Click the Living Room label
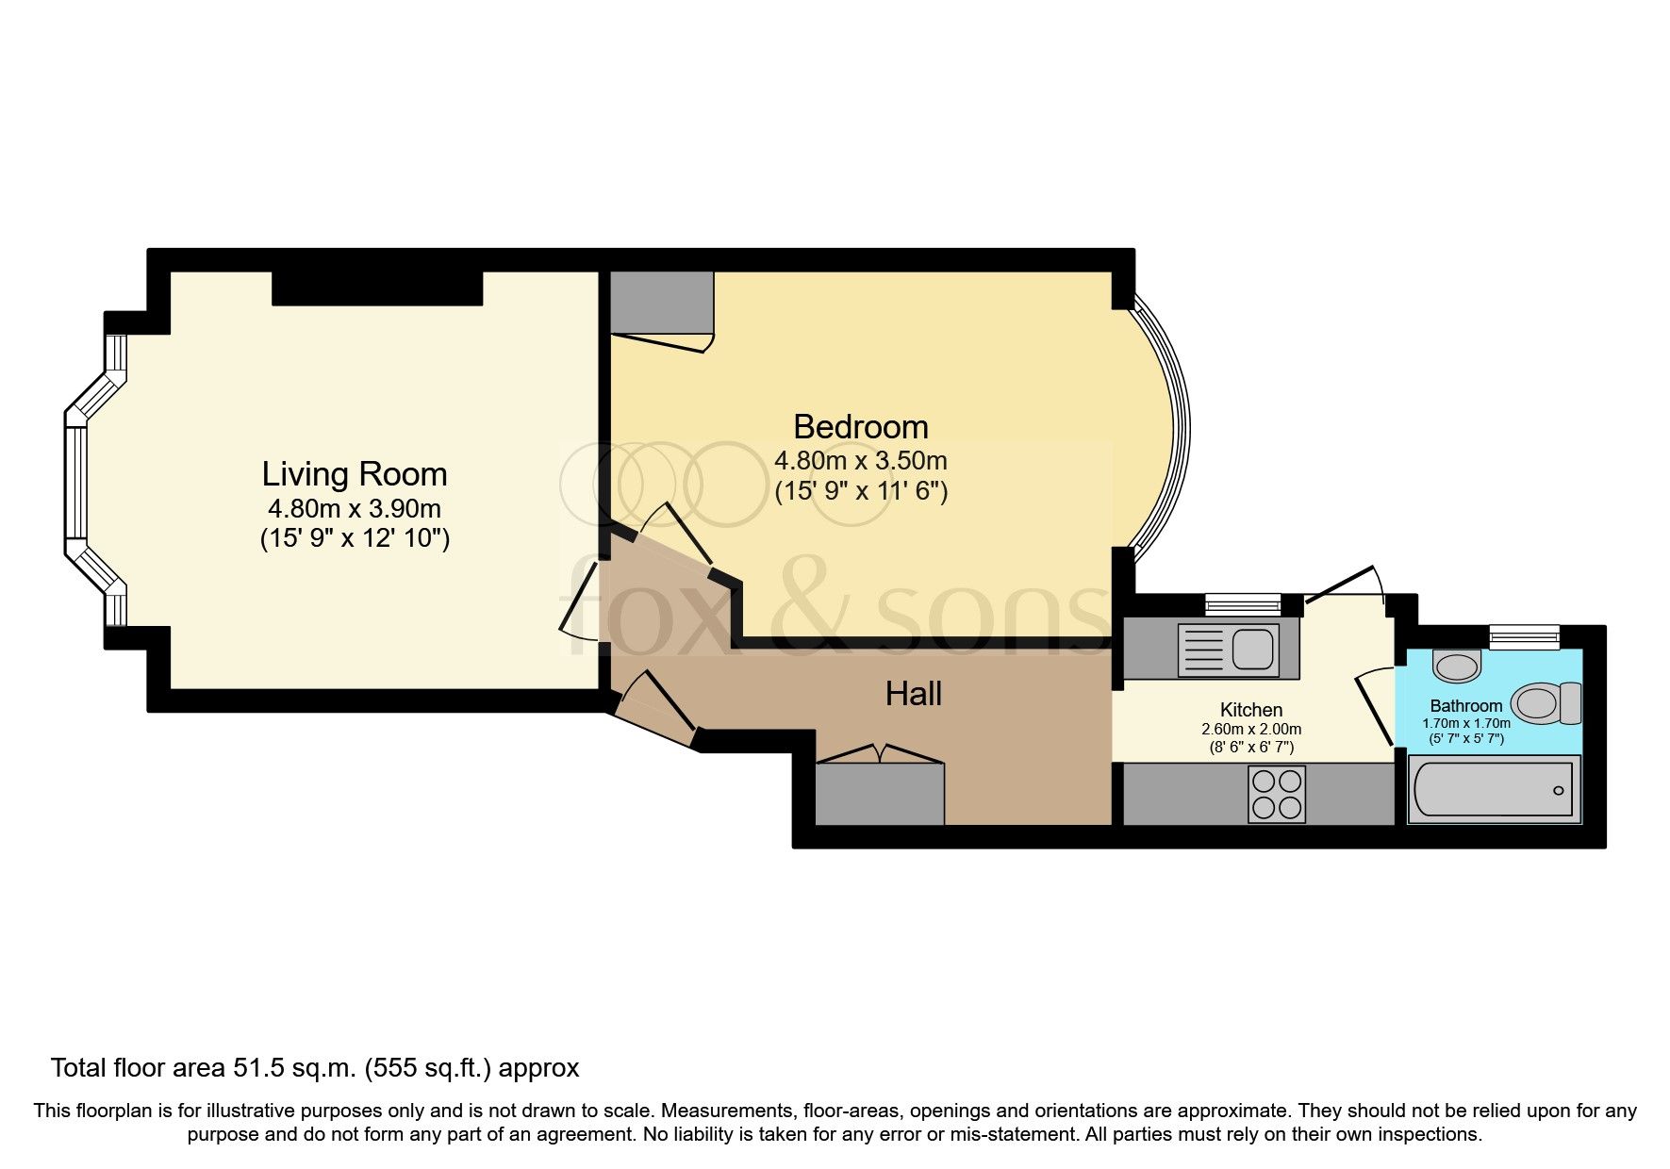[354, 473]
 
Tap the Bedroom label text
[860, 427]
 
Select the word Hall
[913, 694]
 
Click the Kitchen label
[1250, 710]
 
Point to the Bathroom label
[1465, 705]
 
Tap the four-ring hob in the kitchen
[1277, 794]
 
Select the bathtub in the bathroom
[1494, 790]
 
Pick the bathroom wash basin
[1456, 666]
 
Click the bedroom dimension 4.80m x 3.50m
[860, 461]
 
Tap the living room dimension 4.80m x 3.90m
[354, 509]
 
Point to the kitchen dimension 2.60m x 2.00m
[1250, 729]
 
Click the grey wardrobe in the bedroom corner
[661, 302]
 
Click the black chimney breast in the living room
[377, 288]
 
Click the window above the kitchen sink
[1242, 603]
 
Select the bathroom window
[1524, 636]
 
